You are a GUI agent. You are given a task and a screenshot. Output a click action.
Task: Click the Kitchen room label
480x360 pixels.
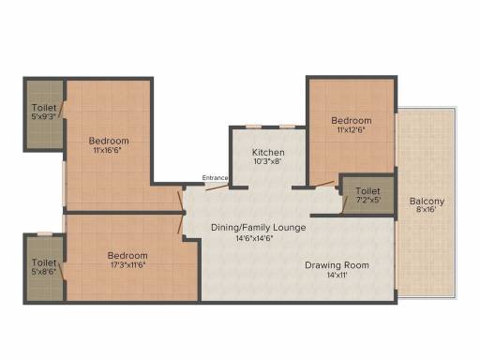(267, 152)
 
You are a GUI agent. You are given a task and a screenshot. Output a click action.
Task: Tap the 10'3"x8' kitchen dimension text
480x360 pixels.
(267, 161)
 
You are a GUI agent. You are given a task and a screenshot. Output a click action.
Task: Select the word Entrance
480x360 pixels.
(216, 178)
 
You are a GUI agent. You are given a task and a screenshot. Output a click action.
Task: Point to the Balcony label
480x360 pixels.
(427, 201)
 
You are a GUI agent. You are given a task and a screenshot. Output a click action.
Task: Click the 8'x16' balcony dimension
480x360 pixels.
(427, 211)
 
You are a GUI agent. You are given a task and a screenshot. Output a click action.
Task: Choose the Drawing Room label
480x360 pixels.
(337, 265)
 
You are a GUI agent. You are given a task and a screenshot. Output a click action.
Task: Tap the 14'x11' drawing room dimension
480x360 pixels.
(337, 276)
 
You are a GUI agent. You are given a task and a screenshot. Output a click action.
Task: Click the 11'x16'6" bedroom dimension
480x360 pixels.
(111, 151)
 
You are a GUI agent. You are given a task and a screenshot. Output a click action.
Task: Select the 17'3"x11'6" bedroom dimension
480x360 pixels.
(127, 265)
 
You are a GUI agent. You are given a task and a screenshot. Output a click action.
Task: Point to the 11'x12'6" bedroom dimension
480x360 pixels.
(352, 130)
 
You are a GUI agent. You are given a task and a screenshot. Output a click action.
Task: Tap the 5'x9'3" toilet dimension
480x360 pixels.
(44, 118)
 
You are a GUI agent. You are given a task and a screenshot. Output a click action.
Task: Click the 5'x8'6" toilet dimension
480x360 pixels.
(44, 272)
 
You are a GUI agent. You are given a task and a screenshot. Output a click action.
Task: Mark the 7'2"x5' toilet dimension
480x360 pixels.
(367, 200)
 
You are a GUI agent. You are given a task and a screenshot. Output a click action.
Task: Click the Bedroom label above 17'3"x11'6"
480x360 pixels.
(127, 255)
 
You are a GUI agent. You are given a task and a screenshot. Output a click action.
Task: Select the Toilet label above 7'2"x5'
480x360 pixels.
(367, 189)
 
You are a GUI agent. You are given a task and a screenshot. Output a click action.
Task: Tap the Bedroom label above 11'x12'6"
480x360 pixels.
(352, 120)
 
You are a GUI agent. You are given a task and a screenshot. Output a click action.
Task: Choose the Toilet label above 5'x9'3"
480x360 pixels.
(44, 109)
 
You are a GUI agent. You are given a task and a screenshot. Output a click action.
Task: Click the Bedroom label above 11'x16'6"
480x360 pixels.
(111, 141)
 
